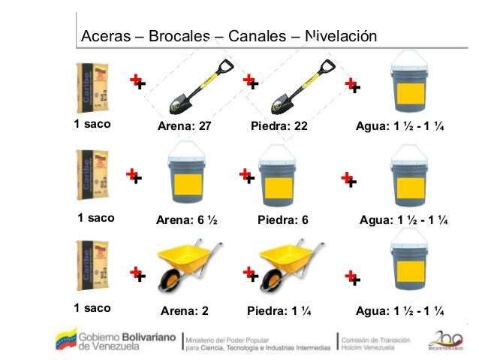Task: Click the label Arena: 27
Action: pyautogui.click(x=184, y=126)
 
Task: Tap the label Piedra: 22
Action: pyautogui.click(x=279, y=126)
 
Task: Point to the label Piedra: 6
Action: pyautogui.click(x=283, y=220)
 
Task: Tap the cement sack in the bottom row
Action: pyautogui.click(x=92, y=271)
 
